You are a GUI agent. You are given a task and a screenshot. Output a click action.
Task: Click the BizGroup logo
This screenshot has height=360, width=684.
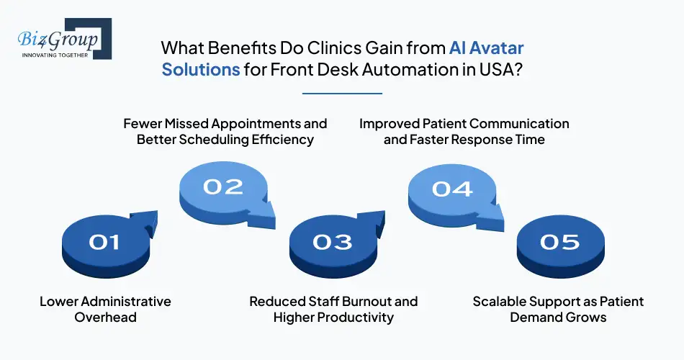click(x=61, y=40)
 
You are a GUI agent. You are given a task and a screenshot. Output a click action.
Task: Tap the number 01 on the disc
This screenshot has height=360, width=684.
click(x=104, y=243)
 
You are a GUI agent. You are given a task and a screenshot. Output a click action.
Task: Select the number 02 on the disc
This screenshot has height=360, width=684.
click(x=222, y=187)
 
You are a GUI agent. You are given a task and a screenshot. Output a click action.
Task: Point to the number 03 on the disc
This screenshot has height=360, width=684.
click(x=333, y=242)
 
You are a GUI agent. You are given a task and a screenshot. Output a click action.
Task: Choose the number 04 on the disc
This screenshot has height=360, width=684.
click(x=452, y=189)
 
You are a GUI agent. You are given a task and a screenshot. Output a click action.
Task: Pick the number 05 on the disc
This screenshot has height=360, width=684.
click(x=560, y=242)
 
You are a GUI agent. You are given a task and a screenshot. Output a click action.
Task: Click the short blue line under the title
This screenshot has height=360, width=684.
click(x=341, y=93)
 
